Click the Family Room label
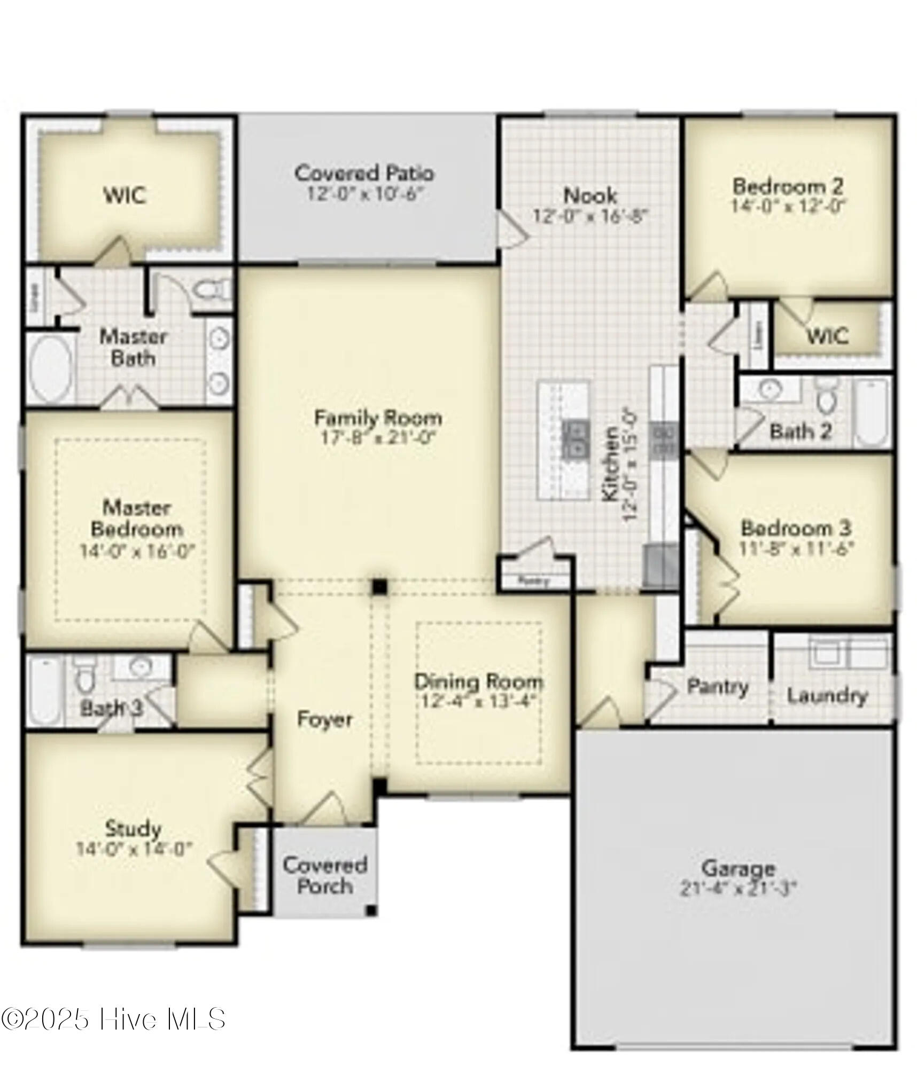click(377, 418)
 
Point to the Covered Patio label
click(364, 173)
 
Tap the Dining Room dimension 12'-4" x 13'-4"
click(478, 701)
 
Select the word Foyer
click(324, 719)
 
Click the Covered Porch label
click(324, 876)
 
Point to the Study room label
click(133, 829)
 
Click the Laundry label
click(827, 696)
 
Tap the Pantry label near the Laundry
click(717, 687)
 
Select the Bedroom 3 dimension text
click(796, 548)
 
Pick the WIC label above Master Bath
click(125, 195)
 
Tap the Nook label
click(590, 195)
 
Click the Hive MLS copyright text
click(113, 1019)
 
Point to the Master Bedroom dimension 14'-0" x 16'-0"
click(137, 551)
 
